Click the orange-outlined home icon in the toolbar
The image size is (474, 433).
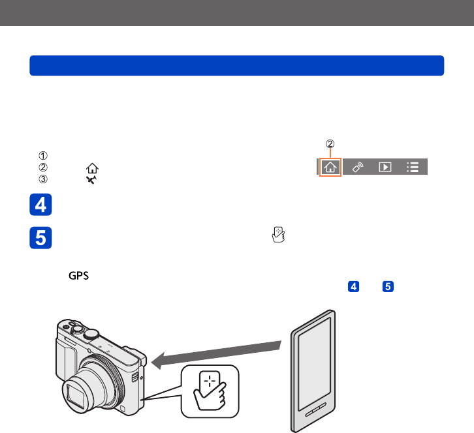tap(330, 167)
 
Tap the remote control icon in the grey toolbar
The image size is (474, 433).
tap(358, 167)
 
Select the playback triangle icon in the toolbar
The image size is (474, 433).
tap(385, 167)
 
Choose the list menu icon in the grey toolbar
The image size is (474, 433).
tap(413, 167)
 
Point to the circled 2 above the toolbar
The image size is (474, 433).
tap(330, 143)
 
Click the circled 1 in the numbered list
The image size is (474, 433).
tap(43, 155)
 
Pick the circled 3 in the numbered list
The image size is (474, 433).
tap(43, 179)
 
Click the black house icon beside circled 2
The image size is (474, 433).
tap(92, 168)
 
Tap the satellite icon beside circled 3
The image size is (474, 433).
tap(91, 180)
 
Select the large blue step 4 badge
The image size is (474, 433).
tap(41, 204)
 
